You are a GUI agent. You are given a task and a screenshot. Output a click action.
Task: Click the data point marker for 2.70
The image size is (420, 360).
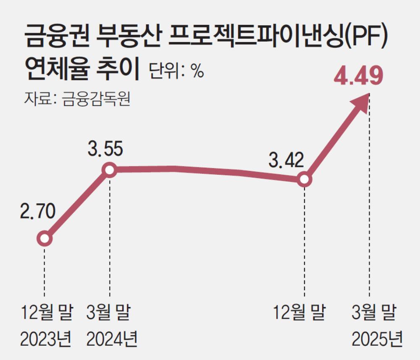[x=44, y=239]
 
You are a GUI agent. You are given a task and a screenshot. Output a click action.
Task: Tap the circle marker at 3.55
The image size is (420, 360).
[x=109, y=170]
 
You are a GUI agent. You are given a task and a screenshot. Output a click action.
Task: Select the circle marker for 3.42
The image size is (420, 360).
[x=304, y=180]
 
